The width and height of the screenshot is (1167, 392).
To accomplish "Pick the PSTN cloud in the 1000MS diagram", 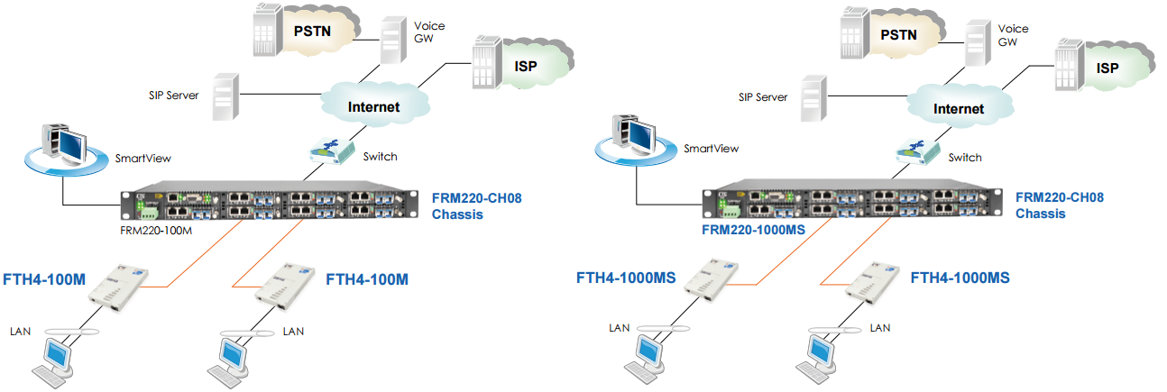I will tap(897, 34).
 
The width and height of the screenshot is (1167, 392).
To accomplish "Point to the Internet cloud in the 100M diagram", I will tap(373, 106).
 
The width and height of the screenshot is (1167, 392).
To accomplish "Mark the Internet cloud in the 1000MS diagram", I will tap(958, 108).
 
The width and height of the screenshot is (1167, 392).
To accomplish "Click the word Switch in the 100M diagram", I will tap(380, 157).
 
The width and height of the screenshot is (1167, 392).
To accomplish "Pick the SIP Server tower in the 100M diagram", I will tap(224, 98).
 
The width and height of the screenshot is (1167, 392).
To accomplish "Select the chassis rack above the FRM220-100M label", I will tap(271, 205).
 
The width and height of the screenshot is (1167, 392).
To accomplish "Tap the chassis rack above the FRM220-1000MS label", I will tap(852, 204).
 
